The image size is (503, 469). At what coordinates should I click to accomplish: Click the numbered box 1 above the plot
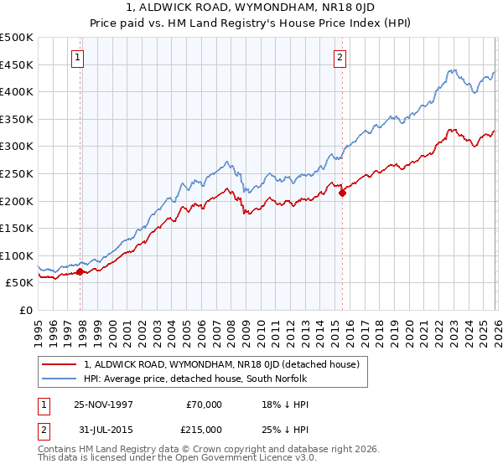[x=77, y=58]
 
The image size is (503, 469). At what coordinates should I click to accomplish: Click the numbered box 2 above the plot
[x=340, y=58]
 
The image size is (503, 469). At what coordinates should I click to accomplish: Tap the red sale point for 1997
[x=80, y=271]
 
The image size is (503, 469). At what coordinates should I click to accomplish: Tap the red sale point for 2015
[x=342, y=193]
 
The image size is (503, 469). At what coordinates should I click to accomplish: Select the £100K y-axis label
[x=18, y=256]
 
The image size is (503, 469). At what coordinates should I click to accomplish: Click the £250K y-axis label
[x=18, y=174]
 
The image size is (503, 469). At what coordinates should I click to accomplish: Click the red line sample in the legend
[x=60, y=364]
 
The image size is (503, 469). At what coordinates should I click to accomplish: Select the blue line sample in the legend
[x=60, y=379]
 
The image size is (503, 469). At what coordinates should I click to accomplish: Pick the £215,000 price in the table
[x=204, y=429]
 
